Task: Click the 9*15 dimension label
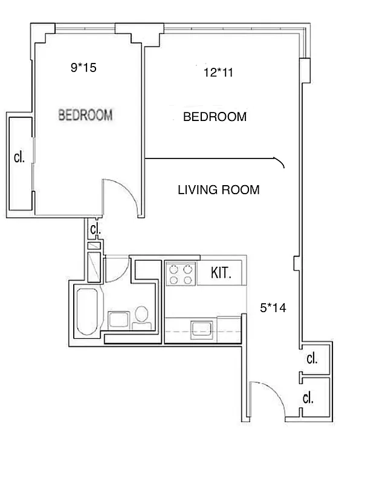click(x=83, y=68)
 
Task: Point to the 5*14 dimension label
click(x=273, y=308)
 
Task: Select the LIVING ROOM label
click(x=218, y=190)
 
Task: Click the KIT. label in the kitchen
click(x=221, y=273)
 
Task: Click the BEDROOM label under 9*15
click(x=85, y=115)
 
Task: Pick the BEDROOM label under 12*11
click(x=215, y=117)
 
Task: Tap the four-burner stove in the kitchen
click(x=181, y=273)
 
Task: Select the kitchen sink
click(x=200, y=329)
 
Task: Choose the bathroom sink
click(x=118, y=319)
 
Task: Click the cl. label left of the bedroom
click(x=19, y=158)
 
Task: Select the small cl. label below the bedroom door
click(x=95, y=230)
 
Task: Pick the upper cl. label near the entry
click(x=312, y=359)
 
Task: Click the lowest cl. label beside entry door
click(x=308, y=397)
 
